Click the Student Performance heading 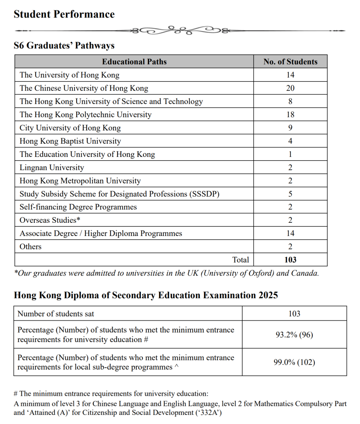coord(64,14)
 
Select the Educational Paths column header coord(134,62)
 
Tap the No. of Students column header coord(290,62)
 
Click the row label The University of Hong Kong coord(69,75)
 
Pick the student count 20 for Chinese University coord(290,88)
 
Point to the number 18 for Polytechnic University coord(290,115)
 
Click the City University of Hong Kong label coord(70,128)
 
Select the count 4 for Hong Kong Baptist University coord(290,141)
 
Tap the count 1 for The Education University coord(290,154)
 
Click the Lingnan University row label coord(52,168)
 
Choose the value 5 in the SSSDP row coord(290,194)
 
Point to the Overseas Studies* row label coord(50,220)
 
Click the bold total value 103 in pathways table coord(290,260)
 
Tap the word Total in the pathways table coord(241,260)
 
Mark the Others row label coord(31,247)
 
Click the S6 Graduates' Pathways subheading coord(64,46)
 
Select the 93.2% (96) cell coord(294,335)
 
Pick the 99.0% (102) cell coord(294,362)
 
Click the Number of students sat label coord(56,314)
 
